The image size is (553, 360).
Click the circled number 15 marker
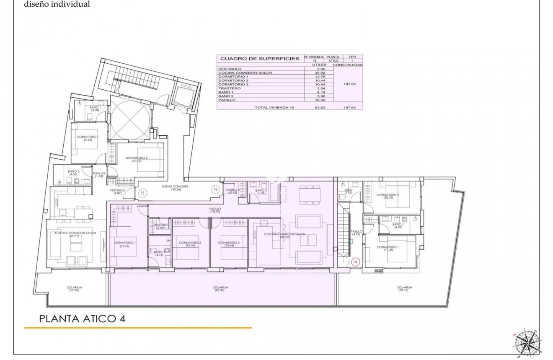[x=142, y=193]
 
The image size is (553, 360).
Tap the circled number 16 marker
[x=215, y=189]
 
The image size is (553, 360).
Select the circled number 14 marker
[x=356, y=262]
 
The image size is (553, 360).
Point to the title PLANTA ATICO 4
[x=82, y=319]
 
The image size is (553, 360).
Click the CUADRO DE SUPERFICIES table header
[x=260, y=59]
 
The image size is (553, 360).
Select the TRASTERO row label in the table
[x=230, y=88]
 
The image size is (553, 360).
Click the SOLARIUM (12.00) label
[x=74, y=289]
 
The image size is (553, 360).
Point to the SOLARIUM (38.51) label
[x=405, y=289]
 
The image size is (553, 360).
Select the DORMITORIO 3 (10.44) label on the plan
[x=229, y=244]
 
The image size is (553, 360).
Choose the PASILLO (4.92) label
[x=357, y=233]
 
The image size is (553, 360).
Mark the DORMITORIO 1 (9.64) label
[x=88, y=138]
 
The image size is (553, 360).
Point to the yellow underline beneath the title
[x=138, y=328]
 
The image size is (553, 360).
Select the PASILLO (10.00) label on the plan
[x=215, y=210]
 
